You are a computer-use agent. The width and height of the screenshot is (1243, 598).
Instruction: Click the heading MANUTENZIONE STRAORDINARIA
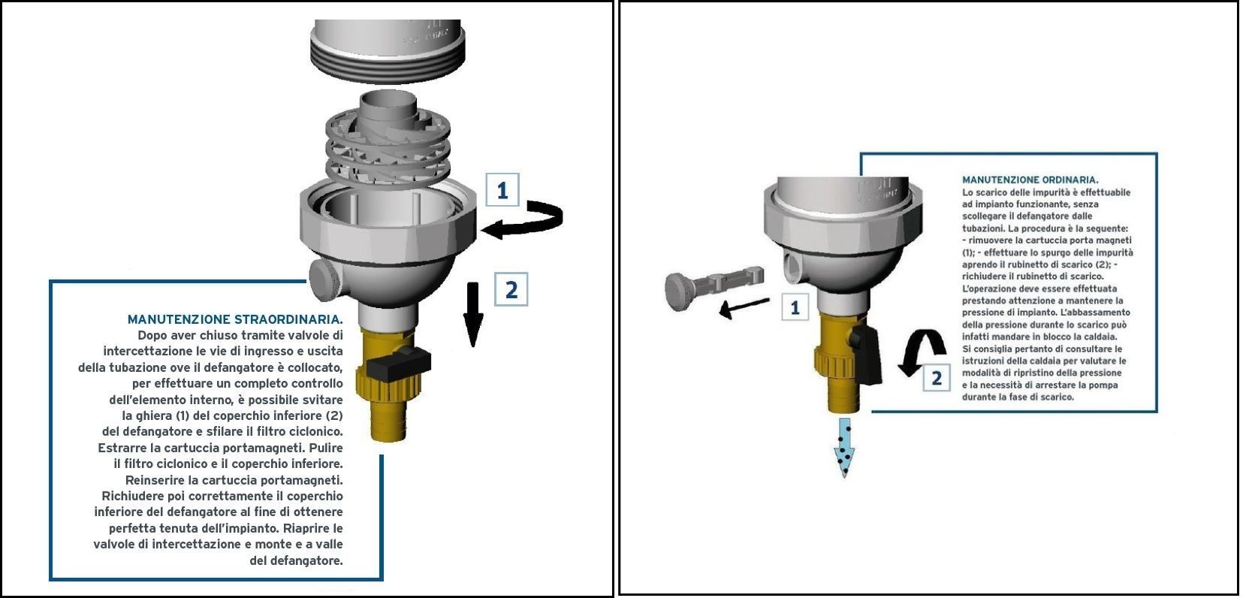coord(235,319)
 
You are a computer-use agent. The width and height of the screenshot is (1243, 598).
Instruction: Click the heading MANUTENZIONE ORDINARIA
coord(1030,180)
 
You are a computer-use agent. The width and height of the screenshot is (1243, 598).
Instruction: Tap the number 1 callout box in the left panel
coord(502,190)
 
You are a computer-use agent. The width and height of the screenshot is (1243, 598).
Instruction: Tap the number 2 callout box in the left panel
coord(511,289)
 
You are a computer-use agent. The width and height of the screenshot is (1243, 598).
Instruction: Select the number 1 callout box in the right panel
coord(795,307)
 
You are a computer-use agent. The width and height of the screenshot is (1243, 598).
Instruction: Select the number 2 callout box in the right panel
coord(936,378)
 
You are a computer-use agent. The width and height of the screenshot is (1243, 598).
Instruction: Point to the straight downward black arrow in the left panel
coord(472,314)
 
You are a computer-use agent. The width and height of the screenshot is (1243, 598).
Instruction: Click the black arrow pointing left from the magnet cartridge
coord(744,307)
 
